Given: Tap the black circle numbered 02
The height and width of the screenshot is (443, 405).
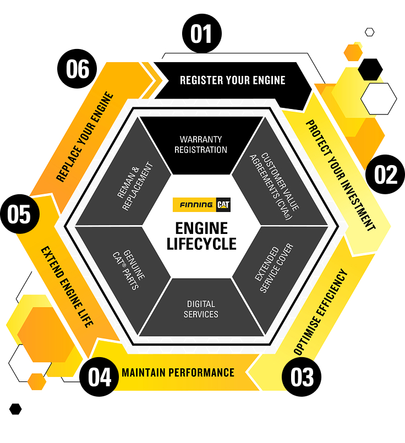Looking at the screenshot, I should click(385, 174).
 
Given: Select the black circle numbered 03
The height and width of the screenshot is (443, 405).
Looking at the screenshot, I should click(302, 378).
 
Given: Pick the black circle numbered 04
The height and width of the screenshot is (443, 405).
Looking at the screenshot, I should click(99, 378).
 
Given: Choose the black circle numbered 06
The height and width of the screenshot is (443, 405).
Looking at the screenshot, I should click(78, 70).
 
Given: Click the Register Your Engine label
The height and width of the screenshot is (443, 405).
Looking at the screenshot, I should click(232, 80).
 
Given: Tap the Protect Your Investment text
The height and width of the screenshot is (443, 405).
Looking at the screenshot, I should click(340, 175).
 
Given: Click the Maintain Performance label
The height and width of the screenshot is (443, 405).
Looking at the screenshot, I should click(178, 373).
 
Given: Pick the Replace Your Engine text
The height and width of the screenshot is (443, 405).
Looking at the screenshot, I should click(85, 137).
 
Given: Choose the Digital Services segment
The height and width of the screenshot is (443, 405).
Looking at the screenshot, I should click(201, 309).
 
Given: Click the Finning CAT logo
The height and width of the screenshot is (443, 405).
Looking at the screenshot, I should click(201, 205).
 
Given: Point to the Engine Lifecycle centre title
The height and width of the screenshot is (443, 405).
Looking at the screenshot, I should click(201, 236).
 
